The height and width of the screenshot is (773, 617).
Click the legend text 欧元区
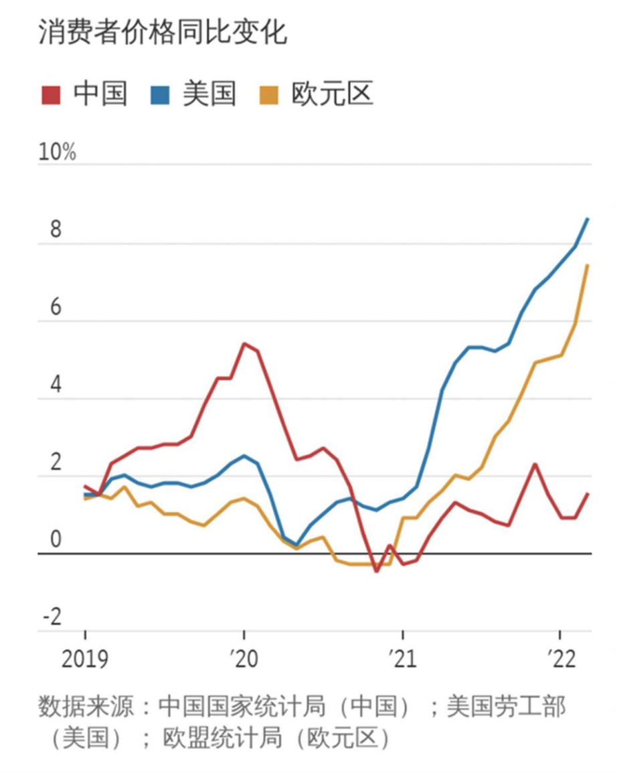tap(333, 94)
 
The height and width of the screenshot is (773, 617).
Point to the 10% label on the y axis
tap(58, 153)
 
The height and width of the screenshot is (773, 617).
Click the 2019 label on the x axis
tap(85, 659)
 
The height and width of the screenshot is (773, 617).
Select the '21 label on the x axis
tap(402, 659)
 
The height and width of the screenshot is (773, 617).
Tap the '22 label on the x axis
tap(561, 659)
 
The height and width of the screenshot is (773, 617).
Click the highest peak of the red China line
tap(244, 344)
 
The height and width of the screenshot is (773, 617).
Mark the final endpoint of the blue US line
tap(588, 218)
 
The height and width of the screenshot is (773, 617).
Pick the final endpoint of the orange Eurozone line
tap(588, 265)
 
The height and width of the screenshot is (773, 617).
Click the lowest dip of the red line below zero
tap(376, 571)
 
